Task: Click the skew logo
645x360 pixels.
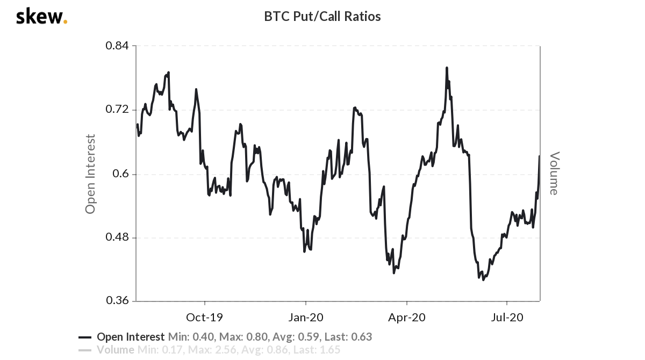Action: tap(41, 17)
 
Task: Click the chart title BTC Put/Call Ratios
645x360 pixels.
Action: tap(322, 17)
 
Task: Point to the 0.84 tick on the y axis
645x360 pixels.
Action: tap(117, 46)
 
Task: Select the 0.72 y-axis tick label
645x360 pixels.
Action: tap(117, 110)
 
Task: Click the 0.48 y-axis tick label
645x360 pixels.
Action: tap(117, 237)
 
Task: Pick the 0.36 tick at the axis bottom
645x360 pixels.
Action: tap(117, 301)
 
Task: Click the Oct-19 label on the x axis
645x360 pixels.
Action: tap(204, 317)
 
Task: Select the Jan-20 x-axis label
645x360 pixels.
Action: tap(306, 317)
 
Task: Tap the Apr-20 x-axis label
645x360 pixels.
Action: tap(407, 317)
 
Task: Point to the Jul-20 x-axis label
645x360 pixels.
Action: tap(507, 317)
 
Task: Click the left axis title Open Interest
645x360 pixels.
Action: tap(90, 174)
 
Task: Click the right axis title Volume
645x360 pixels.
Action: tap(554, 173)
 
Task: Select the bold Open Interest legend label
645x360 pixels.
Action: tap(131, 337)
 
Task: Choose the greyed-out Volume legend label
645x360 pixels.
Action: tap(116, 350)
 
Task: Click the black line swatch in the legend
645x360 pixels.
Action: tap(85, 337)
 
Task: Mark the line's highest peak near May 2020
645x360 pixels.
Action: tap(447, 68)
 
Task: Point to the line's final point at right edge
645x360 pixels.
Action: tap(539, 156)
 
